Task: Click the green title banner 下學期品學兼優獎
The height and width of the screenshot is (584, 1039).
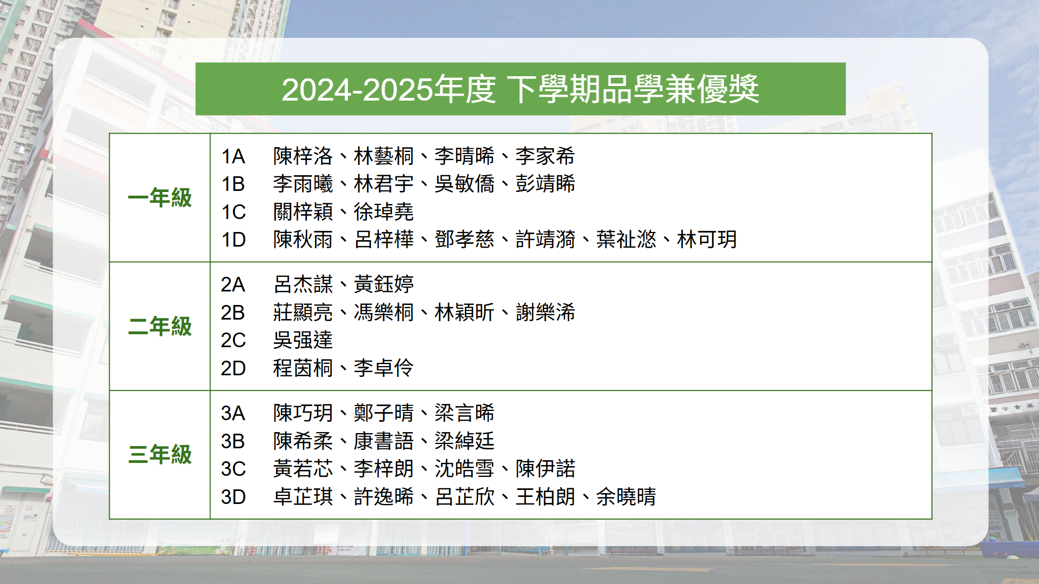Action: [x=520, y=89]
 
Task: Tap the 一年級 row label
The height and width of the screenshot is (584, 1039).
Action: [x=160, y=198]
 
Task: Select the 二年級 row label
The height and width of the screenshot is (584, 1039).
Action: [x=160, y=327]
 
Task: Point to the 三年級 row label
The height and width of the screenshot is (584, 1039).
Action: [x=160, y=455]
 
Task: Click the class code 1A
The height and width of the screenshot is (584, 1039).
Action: [x=233, y=157]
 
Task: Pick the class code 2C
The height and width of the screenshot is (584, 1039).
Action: [x=233, y=341]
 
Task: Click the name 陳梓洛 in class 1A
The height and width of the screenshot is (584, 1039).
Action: [x=303, y=156]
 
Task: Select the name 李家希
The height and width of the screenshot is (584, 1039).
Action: [x=545, y=156]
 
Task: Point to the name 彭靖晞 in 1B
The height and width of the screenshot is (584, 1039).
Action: [x=545, y=184]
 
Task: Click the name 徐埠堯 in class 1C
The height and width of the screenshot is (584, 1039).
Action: [x=384, y=212]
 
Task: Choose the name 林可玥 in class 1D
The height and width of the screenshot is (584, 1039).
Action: [x=707, y=240]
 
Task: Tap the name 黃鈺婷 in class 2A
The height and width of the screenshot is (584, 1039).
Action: [x=384, y=284]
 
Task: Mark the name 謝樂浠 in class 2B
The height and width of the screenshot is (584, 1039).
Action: [x=545, y=313]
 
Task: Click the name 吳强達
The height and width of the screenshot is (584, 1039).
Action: [x=303, y=340]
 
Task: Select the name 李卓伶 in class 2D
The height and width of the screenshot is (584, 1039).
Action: [x=384, y=368]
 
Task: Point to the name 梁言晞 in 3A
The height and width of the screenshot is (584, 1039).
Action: [x=464, y=413]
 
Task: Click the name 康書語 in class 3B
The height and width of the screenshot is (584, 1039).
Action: [x=384, y=441]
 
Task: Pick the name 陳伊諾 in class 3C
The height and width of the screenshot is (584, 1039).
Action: [x=545, y=469]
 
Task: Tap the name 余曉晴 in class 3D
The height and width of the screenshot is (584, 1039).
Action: [x=626, y=497]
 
